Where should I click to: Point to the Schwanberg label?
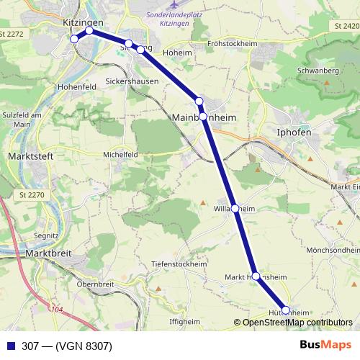(x=317, y=71)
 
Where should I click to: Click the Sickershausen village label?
(x=132, y=81)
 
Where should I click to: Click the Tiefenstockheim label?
(x=180, y=264)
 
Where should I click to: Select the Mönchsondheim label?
(x=332, y=250)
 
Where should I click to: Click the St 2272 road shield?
(x=14, y=34)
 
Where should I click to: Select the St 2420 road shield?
(x=345, y=26)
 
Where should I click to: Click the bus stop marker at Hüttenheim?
(x=286, y=310)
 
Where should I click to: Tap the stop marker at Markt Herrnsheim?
(x=256, y=276)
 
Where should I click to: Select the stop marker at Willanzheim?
(x=235, y=208)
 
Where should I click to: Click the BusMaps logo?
(x=325, y=345)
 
